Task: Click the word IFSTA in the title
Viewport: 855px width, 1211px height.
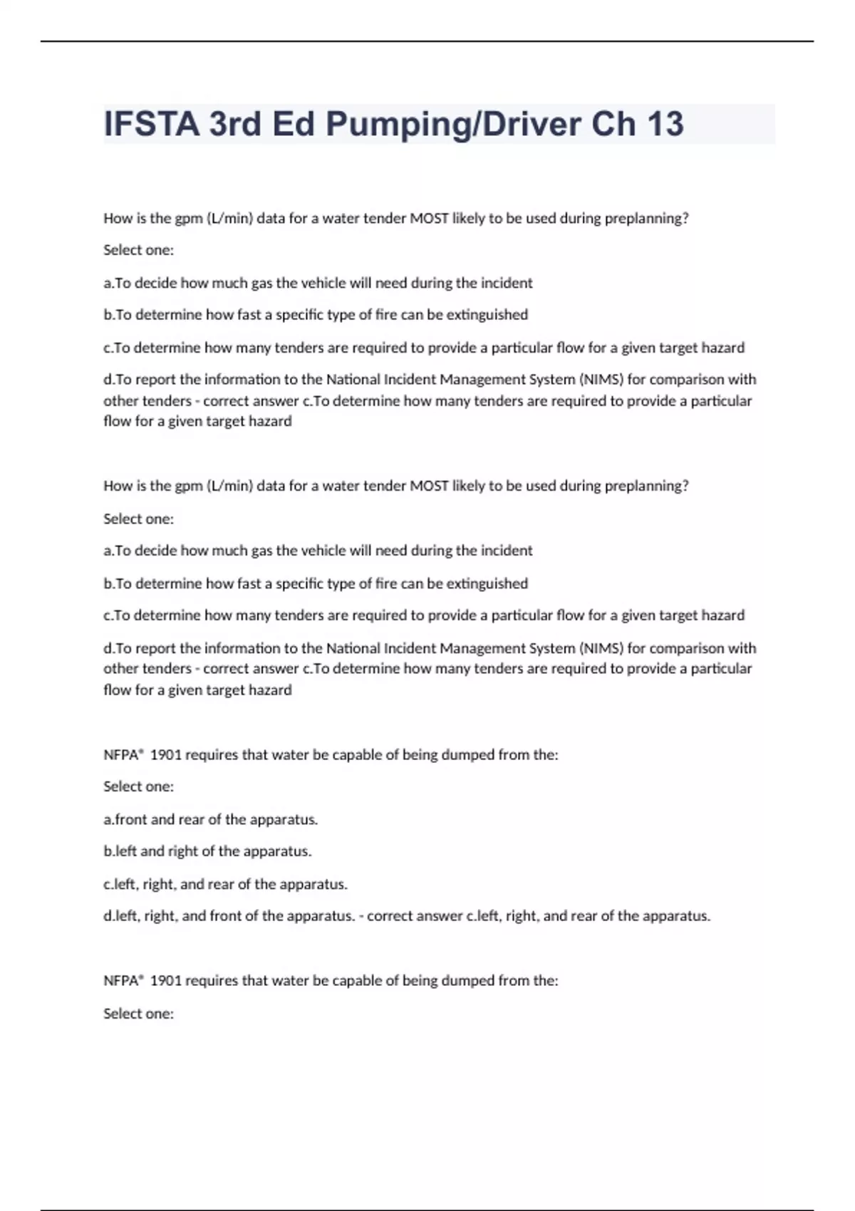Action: [x=152, y=124]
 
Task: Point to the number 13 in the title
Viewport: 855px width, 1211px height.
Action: [x=665, y=124]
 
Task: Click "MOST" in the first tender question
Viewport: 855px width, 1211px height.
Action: [x=429, y=218]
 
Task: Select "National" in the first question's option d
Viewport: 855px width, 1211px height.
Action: [x=353, y=380]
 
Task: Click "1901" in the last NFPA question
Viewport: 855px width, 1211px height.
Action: [x=166, y=980]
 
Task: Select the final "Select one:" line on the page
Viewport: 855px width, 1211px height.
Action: [x=138, y=1013]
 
